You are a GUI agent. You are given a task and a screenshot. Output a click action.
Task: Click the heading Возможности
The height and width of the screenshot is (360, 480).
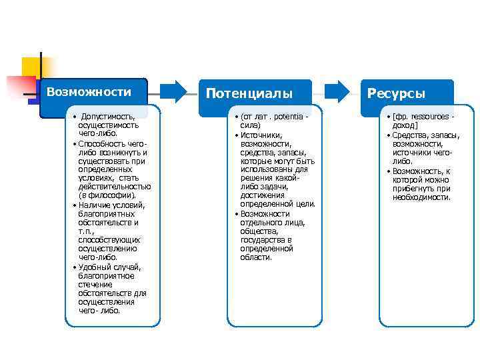(x=93, y=91)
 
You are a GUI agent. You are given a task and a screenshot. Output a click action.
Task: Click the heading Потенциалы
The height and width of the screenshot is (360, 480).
(x=249, y=93)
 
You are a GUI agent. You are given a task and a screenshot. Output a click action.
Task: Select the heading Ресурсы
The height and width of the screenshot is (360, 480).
(x=396, y=93)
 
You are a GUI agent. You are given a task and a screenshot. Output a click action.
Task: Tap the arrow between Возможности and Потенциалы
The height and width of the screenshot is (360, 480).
(x=175, y=91)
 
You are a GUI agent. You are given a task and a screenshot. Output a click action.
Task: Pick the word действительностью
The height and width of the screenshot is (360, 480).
(x=114, y=186)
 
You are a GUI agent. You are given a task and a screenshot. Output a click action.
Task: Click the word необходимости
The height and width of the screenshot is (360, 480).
(x=422, y=197)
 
